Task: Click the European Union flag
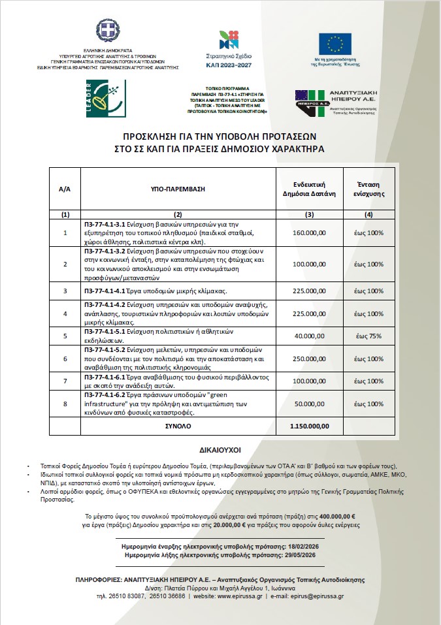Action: click(335, 42)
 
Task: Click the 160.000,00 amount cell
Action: click(310, 232)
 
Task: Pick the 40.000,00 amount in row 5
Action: click(310, 336)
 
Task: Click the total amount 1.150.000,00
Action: click(310, 425)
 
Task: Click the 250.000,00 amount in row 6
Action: click(310, 359)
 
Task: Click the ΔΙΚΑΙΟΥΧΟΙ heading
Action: click(220, 451)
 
